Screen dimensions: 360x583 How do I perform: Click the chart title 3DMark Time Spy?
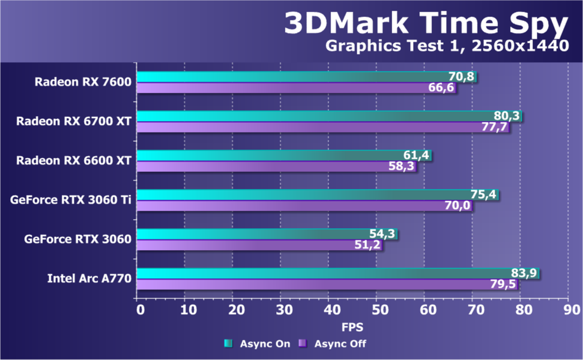pyautogui.click(x=425, y=25)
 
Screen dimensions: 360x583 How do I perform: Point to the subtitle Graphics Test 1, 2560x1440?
pyautogui.click(x=447, y=46)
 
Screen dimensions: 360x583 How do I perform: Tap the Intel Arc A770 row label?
pyautogui.click(x=89, y=278)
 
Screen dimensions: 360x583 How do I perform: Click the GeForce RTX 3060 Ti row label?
pyautogui.click(x=71, y=200)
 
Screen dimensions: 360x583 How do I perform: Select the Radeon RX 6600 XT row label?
pyautogui.click(x=74, y=160)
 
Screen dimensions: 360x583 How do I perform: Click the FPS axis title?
pyautogui.click(x=352, y=328)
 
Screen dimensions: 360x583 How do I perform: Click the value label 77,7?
pyautogui.click(x=495, y=127)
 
